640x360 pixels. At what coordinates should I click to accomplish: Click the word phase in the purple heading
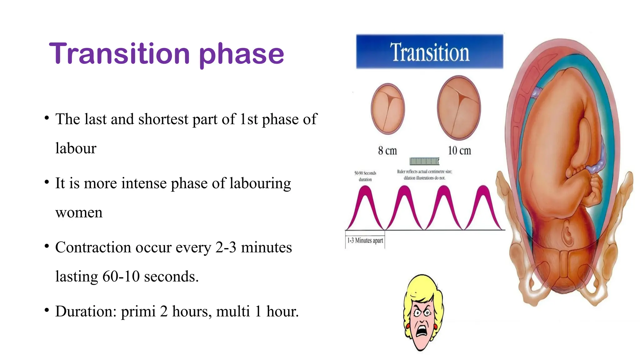241,55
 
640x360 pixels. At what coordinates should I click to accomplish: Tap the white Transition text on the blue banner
429,52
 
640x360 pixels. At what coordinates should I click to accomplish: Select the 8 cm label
387,151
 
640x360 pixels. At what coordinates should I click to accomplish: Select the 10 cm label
459,151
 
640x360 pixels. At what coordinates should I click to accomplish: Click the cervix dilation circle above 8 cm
387,109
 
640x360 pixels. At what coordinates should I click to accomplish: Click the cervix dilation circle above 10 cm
459,108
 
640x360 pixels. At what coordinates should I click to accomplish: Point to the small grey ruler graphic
424,161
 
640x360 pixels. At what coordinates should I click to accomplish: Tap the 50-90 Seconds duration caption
365,176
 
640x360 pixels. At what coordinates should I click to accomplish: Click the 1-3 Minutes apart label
365,240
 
